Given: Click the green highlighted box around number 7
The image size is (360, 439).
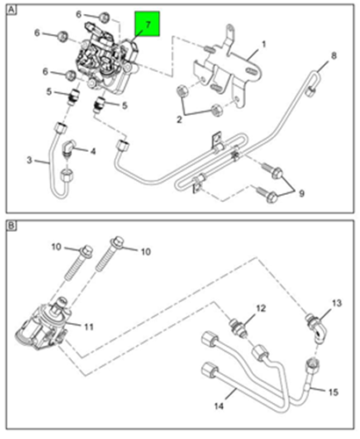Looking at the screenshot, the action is pos(147,24).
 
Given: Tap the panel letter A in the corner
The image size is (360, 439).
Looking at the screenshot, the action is pos(11,11).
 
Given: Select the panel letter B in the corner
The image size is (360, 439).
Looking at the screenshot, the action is pos(11,226).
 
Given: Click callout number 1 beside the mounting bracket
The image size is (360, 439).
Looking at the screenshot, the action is pos(263,44).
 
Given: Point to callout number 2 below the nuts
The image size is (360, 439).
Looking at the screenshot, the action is pos(179,119).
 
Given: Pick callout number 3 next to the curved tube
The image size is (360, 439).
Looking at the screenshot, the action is pos(29,160).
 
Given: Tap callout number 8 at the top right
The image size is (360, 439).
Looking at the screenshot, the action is pos(334,55).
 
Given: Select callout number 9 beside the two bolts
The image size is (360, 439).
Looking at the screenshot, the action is pos(301,193).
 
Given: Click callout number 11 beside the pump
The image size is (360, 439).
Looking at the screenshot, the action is pos(89,327).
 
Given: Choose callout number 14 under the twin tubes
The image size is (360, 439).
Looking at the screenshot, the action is pos(219,406).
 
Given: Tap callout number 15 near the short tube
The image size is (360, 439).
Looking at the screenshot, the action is pos(334,392).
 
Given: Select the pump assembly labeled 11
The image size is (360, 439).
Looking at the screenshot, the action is pos(44,325).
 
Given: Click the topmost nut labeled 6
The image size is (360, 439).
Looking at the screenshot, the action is pos(104,18).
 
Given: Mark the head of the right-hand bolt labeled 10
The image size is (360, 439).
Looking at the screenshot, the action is pos(118,242).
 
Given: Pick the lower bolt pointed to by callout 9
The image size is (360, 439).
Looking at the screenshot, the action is pos(268,194).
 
